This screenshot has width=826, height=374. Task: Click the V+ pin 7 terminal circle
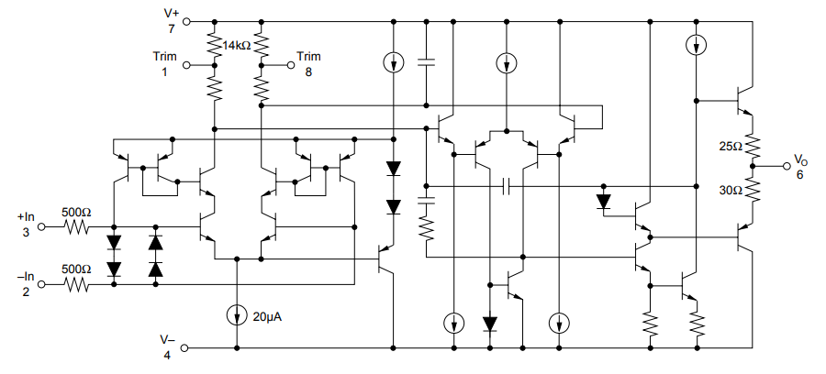click(x=186, y=22)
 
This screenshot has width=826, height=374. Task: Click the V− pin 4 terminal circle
click(x=184, y=348)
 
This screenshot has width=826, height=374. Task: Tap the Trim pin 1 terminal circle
click(x=186, y=65)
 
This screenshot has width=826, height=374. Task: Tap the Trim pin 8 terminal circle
click(x=290, y=65)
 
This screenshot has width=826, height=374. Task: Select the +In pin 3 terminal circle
click(x=42, y=227)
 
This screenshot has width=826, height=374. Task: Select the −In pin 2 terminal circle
click(x=42, y=284)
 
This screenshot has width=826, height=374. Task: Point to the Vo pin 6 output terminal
click(x=787, y=166)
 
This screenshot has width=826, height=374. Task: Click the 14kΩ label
click(x=236, y=46)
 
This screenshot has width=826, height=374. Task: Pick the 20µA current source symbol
click(x=237, y=315)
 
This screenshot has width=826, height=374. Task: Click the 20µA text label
click(x=266, y=317)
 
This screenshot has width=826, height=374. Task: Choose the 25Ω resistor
click(x=753, y=148)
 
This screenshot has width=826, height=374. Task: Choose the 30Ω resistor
click(x=753, y=191)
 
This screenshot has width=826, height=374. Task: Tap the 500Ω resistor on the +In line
click(x=76, y=227)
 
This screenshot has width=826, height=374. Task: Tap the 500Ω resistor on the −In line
click(x=76, y=284)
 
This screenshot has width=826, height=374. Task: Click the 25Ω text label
click(x=731, y=147)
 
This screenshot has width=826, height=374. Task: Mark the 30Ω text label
click(x=731, y=191)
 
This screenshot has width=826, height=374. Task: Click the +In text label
click(x=26, y=216)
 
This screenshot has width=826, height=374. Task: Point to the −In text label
click(x=26, y=277)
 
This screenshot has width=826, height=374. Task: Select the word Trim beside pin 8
click(x=308, y=56)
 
